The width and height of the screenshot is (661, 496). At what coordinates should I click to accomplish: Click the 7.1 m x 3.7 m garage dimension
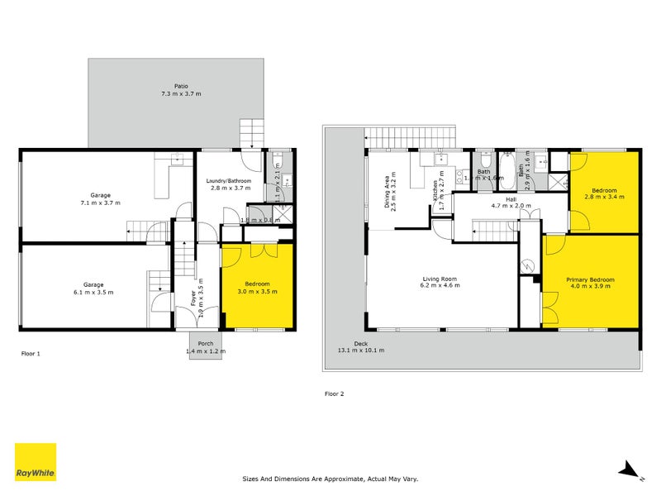point(100,203)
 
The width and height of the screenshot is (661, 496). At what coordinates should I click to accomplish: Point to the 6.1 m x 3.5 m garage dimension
point(93,293)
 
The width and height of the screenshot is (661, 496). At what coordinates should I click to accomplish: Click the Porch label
point(205,344)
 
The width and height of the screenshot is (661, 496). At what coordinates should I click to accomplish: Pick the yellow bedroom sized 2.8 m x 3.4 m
point(604,193)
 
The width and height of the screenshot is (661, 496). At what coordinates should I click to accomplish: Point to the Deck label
point(361,345)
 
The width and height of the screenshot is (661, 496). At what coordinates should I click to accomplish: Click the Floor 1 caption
point(31,353)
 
